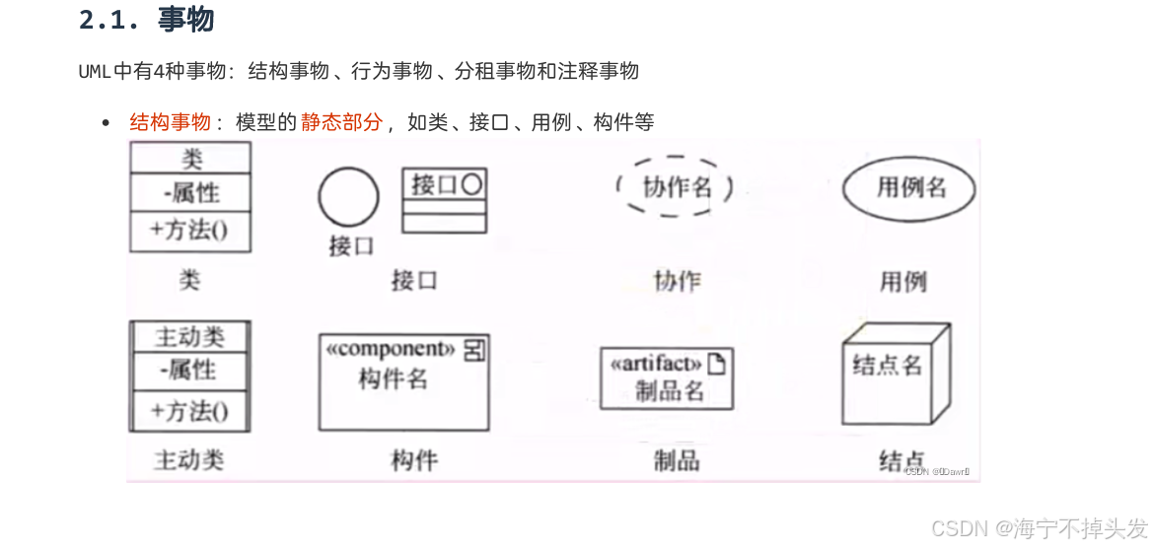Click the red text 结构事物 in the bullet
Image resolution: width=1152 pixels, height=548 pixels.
tap(170, 122)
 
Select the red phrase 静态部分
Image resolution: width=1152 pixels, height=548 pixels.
tap(341, 122)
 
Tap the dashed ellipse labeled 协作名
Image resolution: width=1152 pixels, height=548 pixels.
tap(676, 186)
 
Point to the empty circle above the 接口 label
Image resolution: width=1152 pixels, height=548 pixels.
tap(348, 197)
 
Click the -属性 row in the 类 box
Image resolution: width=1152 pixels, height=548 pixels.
tap(190, 193)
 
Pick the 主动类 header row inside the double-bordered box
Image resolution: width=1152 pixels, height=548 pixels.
tap(190, 337)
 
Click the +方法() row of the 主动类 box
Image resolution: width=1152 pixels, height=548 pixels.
tap(190, 410)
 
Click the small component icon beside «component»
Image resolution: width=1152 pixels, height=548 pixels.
tap(474, 350)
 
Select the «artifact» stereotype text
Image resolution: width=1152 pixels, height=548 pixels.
tap(656, 364)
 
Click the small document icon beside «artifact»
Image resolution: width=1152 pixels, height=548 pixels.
tap(716, 364)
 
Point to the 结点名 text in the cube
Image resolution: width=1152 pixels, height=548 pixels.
tap(887, 366)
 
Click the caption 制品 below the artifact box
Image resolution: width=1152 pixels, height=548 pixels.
tap(677, 459)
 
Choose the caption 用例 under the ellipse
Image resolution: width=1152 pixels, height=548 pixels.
tap(902, 282)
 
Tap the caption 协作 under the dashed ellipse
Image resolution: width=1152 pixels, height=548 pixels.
tap(677, 281)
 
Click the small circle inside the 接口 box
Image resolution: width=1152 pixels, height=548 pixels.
tap(471, 184)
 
